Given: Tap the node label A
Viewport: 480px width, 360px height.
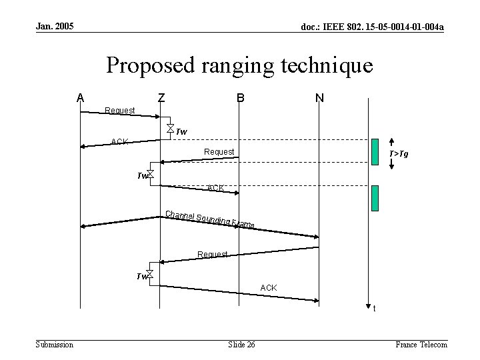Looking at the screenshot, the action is pyautogui.click(x=80, y=98).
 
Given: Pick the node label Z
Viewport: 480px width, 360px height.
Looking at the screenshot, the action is pyautogui.click(x=161, y=98).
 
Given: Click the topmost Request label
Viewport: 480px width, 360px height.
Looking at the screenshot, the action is pyautogui.click(x=121, y=110).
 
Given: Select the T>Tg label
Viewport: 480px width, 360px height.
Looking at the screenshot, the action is pyautogui.click(x=399, y=154).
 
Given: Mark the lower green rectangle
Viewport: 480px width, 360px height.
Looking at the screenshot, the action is pyautogui.click(x=375, y=198).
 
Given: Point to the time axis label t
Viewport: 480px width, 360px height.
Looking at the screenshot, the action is pyautogui.click(x=374, y=308).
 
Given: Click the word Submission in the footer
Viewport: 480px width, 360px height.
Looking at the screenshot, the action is pyautogui.click(x=55, y=344).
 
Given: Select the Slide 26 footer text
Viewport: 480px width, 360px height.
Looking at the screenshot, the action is pyautogui.click(x=241, y=344).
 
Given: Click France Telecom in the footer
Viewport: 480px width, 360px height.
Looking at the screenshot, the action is pyautogui.click(x=421, y=344).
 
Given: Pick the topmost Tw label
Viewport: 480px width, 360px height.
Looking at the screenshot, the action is pyautogui.click(x=181, y=131).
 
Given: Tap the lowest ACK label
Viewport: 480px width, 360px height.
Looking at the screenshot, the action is pyautogui.click(x=269, y=287).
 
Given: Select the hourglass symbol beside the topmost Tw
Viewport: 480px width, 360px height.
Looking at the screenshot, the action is pyautogui.click(x=171, y=128).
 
